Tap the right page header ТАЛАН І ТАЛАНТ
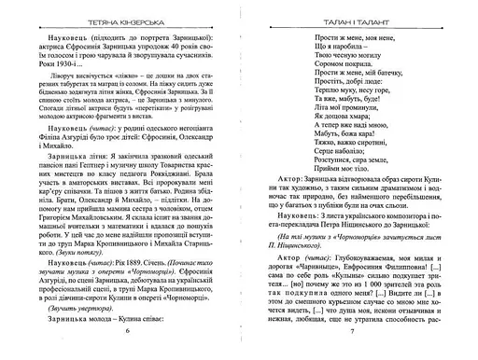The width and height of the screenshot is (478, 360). (360, 12)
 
